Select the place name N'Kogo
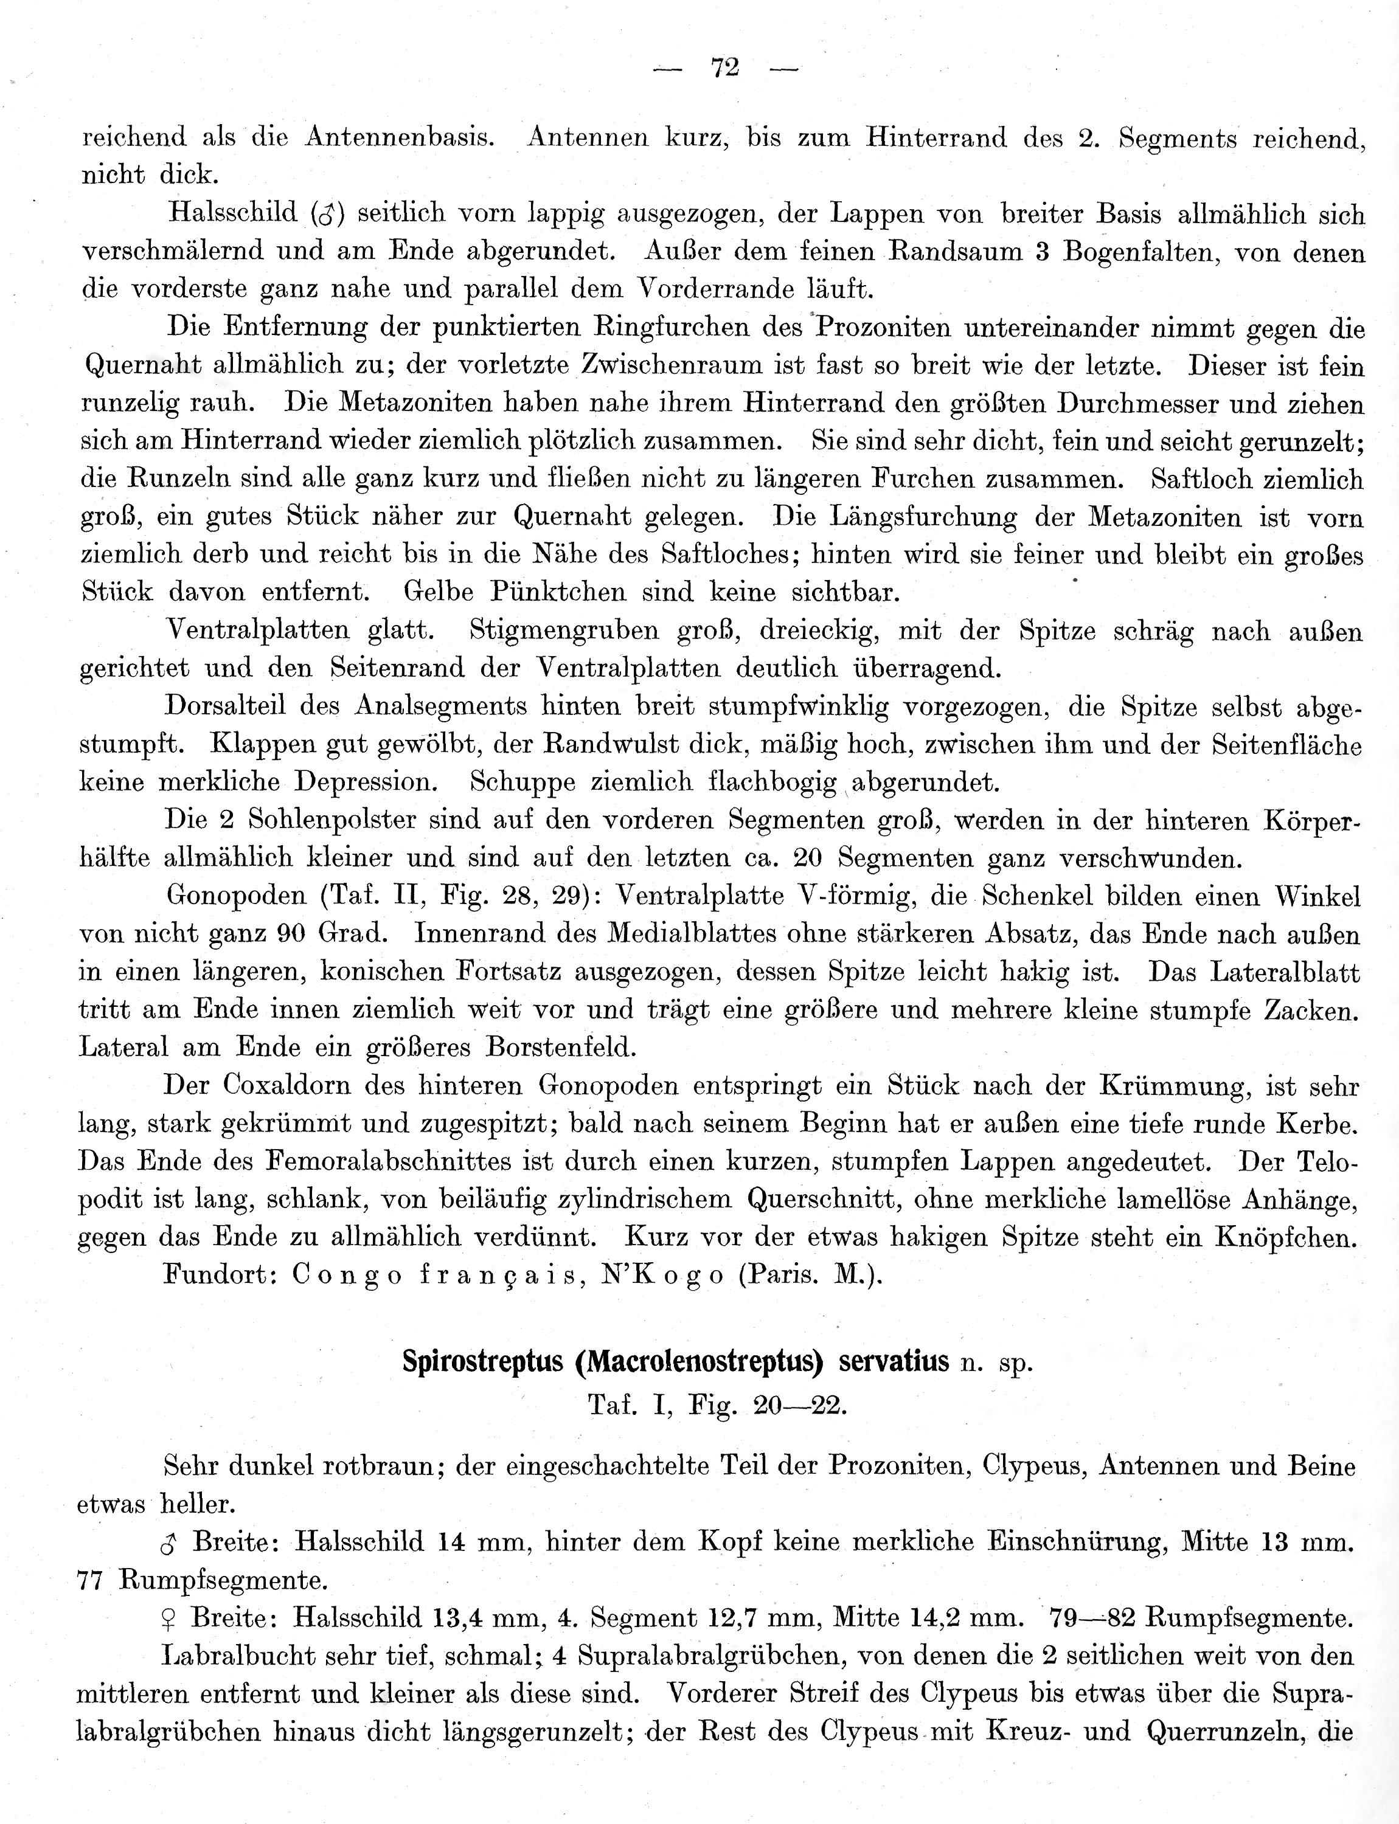(662, 1276)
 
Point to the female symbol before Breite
(167, 1618)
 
